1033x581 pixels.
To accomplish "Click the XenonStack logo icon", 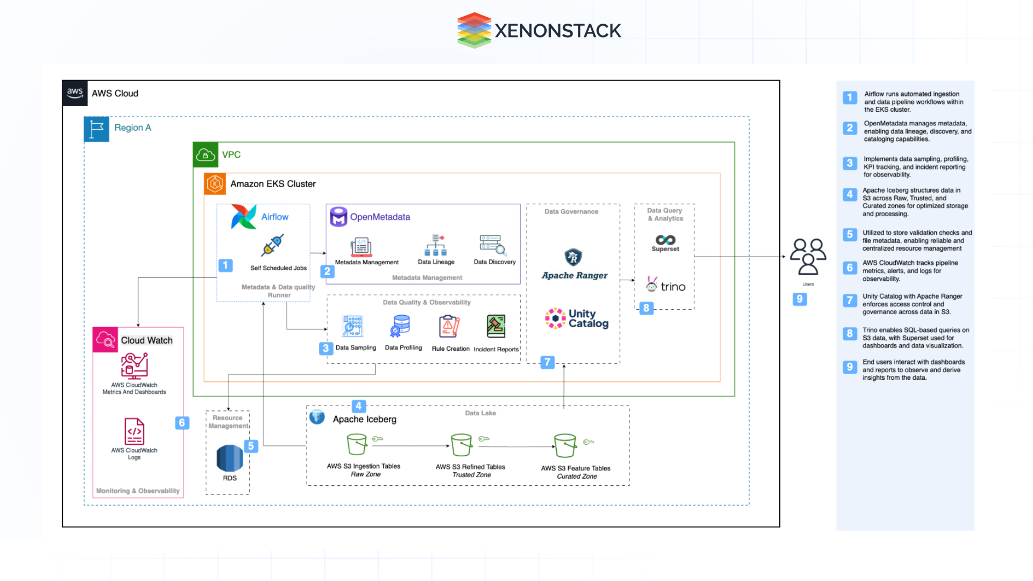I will pyautogui.click(x=474, y=30).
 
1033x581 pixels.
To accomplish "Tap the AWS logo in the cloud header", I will pyautogui.click(x=75, y=93).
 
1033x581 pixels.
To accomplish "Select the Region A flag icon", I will pyautogui.click(x=97, y=129).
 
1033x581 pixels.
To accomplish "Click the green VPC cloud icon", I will pyautogui.click(x=206, y=155).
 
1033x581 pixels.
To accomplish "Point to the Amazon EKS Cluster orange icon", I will pyautogui.click(x=215, y=184).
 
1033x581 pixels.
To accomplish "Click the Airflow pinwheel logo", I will pyautogui.click(x=243, y=217).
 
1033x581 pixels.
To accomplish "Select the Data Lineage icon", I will pyautogui.click(x=436, y=245).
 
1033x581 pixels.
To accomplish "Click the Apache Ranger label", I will pyautogui.click(x=574, y=275).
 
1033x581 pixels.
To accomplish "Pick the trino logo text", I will pyautogui.click(x=673, y=287).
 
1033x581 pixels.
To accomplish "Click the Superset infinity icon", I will pyautogui.click(x=665, y=240).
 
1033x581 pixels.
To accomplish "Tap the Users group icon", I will pyautogui.click(x=808, y=257).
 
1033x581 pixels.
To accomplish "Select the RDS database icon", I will pyautogui.click(x=230, y=458).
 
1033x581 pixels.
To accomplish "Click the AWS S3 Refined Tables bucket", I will pyautogui.click(x=461, y=445).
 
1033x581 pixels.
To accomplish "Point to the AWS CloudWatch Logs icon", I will pyautogui.click(x=135, y=431).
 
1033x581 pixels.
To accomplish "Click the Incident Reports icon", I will pyautogui.click(x=496, y=326).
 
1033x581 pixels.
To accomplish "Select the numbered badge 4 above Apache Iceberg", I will pyautogui.click(x=358, y=406).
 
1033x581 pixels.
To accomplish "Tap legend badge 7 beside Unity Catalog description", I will pyautogui.click(x=850, y=300).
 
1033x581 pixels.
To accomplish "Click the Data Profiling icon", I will pyautogui.click(x=401, y=326).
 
